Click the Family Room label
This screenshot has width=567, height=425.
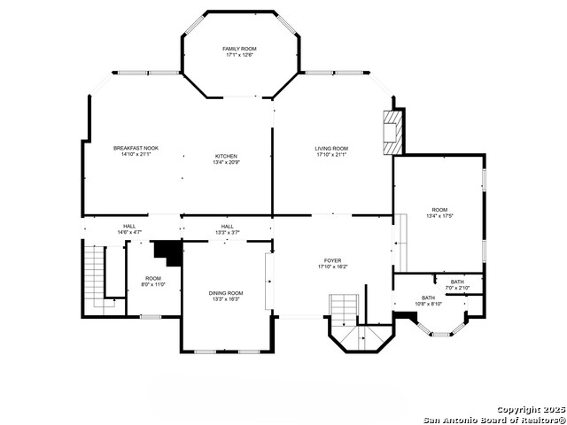240,51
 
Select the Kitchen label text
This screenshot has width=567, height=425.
226,159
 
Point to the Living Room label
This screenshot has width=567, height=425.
331,151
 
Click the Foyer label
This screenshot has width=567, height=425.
332,263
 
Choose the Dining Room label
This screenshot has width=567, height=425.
226,296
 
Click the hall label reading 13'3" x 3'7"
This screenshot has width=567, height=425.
228,230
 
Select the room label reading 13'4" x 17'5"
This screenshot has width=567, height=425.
439,212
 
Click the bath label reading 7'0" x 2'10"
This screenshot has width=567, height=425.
456,285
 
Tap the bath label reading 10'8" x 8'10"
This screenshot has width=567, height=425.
428,301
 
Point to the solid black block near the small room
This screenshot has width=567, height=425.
167,251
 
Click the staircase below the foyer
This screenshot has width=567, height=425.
344,311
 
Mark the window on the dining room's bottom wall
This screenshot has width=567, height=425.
227,352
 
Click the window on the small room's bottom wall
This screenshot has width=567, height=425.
151,316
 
